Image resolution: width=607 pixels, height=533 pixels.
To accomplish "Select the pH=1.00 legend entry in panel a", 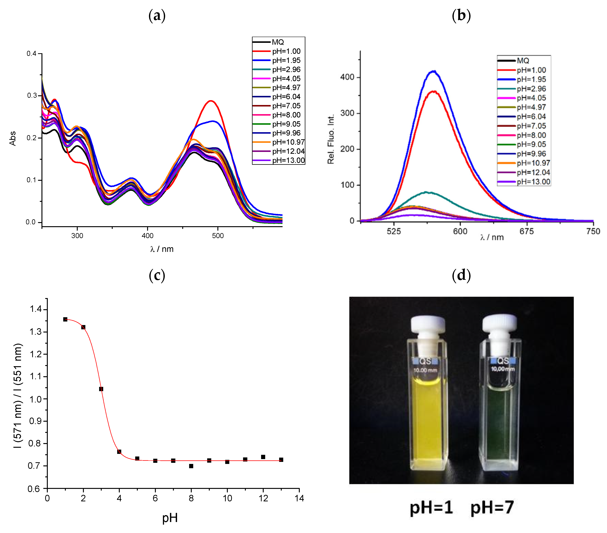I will (x=286, y=51).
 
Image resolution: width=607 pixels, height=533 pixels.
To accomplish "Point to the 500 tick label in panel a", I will (x=218, y=236).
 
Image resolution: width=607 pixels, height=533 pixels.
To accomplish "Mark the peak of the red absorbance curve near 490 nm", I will (x=211, y=101).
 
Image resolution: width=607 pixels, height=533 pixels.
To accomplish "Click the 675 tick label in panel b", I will (x=526, y=231).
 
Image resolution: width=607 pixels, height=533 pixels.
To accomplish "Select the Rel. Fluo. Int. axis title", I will (x=331, y=139).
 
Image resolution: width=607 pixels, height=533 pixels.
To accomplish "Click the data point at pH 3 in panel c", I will (x=101, y=389).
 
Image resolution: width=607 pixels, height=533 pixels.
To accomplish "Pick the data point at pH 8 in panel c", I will (x=191, y=466).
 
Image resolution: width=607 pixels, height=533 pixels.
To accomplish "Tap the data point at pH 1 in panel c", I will (x=65, y=319).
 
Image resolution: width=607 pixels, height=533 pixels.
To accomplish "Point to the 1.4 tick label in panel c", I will (x=36, y=309).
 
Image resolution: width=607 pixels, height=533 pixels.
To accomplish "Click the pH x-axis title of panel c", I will (x=170, y=518).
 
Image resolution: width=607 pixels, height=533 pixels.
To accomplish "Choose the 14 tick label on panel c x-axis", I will (x=299, y=498).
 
